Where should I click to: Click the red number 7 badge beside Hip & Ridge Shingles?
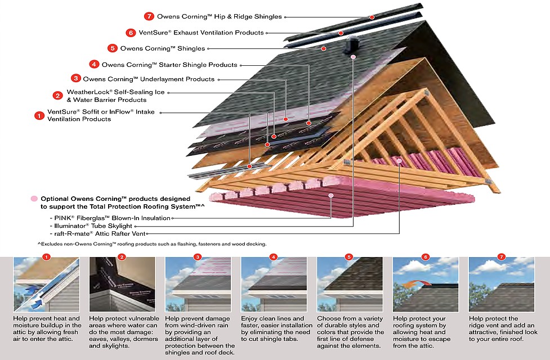tap(149, 16)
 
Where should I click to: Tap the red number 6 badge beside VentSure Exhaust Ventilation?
tap(131, 33)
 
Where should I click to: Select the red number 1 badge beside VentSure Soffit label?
tap(39, 116)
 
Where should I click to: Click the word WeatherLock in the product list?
tap(85, 92)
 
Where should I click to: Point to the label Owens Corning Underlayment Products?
tap(149, 79)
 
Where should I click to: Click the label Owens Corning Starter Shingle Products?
tap(169, 65)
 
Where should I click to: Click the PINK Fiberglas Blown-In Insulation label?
tap(113, 218)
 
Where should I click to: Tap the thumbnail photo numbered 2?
tap(122, 285)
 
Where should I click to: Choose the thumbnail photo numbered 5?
tap(350, 285)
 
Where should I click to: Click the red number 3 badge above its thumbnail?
tap(198, 257)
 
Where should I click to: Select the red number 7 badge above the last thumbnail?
tap(501, 257)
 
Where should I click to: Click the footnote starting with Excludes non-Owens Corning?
tap(152, 244)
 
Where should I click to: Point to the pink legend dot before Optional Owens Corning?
tap(34, 199)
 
